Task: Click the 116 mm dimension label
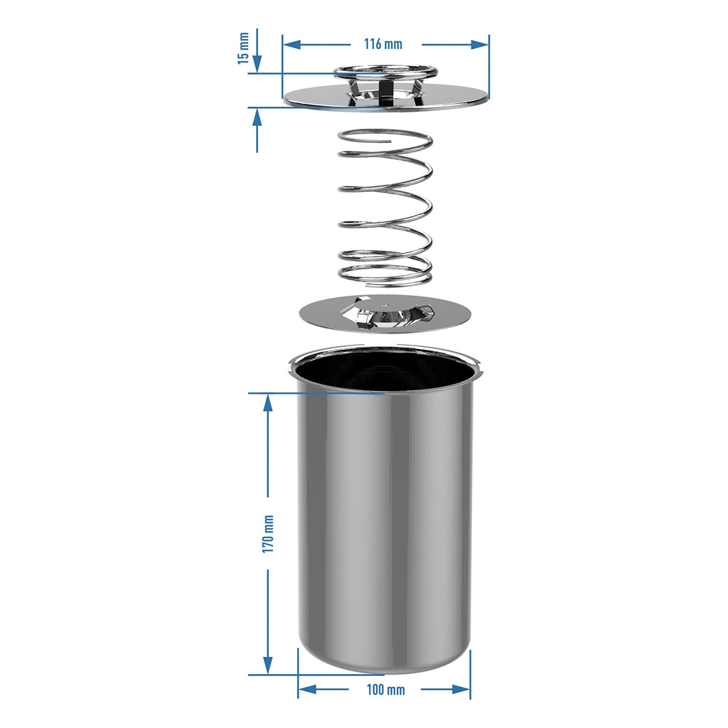click(x=383, y=44)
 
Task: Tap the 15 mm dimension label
click(x=243, y=48)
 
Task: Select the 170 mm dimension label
click(x=268, y=533)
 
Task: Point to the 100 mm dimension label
click(x=385, y=690)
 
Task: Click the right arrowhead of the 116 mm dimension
click(x=480, y=45)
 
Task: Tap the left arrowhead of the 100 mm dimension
click(x=307, y=690)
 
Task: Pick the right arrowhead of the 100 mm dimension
click(x=461, y=690)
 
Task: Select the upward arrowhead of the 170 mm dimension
click(x=268, y=403)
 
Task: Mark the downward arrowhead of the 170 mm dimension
click(x=268, y=665)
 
